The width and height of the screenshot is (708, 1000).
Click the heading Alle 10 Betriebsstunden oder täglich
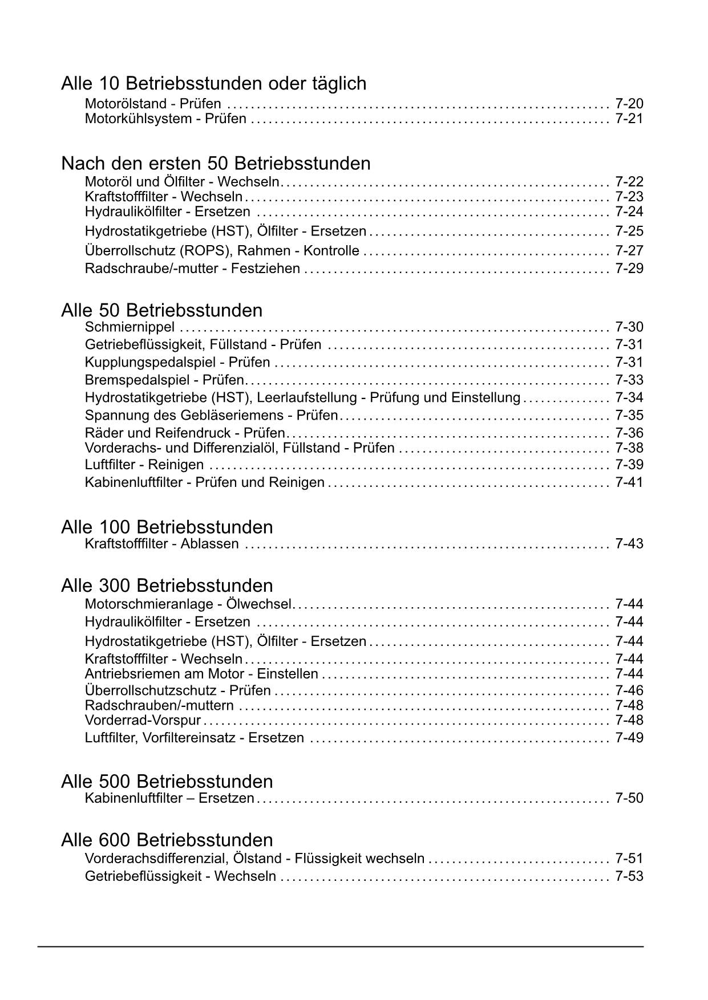(213, 84)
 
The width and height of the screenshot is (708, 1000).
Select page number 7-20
(629, 104)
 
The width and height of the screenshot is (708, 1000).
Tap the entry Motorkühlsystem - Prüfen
(165, 119)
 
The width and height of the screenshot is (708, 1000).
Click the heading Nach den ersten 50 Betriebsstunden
(216, 164)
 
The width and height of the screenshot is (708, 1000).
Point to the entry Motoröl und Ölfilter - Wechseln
(183, 182)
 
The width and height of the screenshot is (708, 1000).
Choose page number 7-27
(629, 251)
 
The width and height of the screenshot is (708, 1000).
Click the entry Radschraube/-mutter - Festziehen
(192, 268)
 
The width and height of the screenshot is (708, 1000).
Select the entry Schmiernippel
(130, 327)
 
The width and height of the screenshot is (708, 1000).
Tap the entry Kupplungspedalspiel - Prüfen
(177, 363)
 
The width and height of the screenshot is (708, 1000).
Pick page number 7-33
(629, 380)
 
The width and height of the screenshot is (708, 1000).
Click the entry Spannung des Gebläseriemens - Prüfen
(211, 416)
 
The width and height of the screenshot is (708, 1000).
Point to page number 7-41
(629, 482)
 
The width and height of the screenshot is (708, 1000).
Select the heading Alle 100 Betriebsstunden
(167, 527)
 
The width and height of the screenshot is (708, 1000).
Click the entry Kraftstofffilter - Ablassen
(161, 544)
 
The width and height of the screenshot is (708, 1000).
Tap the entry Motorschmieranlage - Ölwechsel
(188, 604)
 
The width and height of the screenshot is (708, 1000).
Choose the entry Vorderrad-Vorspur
(143, 721)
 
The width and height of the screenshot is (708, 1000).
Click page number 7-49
(629, 738)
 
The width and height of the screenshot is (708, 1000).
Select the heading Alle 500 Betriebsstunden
(167, 781)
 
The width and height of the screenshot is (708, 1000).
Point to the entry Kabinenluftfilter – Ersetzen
(169, 798)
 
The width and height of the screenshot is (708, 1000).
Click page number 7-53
(629, 876)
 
